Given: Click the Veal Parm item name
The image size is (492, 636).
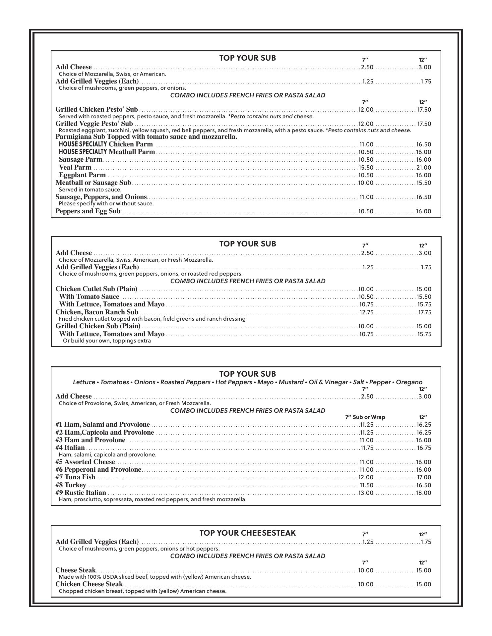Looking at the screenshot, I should [75, 168].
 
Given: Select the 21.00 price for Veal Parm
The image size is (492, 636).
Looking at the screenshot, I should [424, 168].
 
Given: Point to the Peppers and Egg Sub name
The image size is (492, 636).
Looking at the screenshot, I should [88, 211].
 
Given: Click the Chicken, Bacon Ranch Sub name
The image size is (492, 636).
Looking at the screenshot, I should [97, 312].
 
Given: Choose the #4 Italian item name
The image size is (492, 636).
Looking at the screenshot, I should [70, 448].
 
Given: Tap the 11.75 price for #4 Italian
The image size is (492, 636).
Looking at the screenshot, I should [367, 448].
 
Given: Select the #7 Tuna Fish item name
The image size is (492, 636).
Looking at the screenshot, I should [75, 477].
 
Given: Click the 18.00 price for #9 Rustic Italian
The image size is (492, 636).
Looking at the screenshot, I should [424, 493].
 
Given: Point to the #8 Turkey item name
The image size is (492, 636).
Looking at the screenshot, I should [71, 485].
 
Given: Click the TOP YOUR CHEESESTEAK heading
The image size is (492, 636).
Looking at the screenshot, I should [247, 533].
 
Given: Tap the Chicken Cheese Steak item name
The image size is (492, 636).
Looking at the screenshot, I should [89, 584].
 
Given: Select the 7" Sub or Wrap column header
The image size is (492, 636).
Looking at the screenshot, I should [365, 417].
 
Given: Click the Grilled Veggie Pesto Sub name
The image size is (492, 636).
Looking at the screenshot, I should [94, 124].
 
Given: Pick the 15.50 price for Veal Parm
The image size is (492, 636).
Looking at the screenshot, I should [366, 168].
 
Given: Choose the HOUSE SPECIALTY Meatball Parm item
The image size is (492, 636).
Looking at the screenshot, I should [107, 152].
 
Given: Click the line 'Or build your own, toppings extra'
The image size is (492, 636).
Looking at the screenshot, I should [107, 341].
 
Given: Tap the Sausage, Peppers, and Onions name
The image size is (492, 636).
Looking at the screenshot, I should [101, 197].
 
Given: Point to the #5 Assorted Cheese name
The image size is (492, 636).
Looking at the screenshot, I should [85, 462].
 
